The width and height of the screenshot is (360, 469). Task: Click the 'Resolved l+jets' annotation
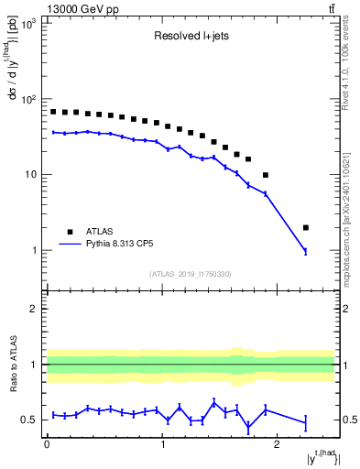pyautogui.click(x=191, y=38)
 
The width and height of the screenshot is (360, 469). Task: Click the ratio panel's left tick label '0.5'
pyautogui.click(x=29, y=420)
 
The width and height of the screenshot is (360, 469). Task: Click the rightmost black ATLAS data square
pyautogui.click(x=305, y=227)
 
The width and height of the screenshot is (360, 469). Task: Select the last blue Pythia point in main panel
pyautogui.click(x=305, y=251)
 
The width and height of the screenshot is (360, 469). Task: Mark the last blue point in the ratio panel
pyautogui.click(x=305, y=422)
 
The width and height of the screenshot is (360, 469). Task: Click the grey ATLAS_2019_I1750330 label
pyautogui.click(x=191, y=274)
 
